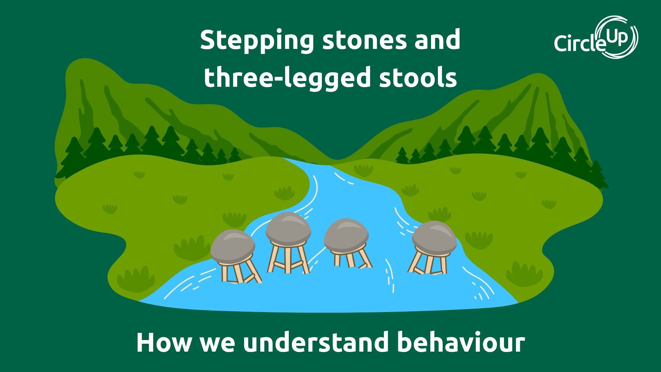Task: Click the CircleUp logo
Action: [596, 38]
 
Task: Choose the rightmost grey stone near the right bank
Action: [434, 237]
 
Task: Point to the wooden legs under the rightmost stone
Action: [429, 263]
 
